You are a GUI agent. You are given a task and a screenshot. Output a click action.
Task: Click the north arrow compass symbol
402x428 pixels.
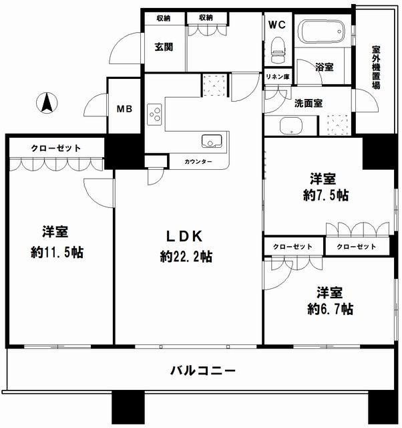(47, 103)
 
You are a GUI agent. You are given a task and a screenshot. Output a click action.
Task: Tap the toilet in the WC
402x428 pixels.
(278, 50)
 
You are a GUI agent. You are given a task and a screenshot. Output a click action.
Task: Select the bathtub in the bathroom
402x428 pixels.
(321, 31)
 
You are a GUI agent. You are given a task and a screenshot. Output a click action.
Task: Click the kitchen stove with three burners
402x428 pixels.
(154, 114)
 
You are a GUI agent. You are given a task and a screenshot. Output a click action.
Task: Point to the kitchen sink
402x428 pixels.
(212, 141)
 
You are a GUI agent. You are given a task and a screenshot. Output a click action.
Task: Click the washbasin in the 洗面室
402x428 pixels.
(290, 126)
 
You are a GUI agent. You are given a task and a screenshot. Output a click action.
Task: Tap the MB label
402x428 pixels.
(125, 109)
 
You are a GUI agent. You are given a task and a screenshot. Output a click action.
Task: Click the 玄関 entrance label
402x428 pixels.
(164, 47)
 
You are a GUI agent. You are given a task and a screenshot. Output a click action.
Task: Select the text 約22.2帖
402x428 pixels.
(186, 257)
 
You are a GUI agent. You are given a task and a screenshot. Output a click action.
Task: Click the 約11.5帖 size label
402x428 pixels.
(57, 252)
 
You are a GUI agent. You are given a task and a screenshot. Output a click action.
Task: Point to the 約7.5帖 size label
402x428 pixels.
(326, 195)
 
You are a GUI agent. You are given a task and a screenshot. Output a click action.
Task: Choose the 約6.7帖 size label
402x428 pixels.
(331, 309)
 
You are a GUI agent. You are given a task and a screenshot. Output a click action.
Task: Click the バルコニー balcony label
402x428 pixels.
(203, 370)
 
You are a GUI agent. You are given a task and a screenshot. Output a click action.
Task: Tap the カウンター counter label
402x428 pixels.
(198, 162)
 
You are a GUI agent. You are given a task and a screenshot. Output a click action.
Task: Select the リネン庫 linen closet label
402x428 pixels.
(278, 77)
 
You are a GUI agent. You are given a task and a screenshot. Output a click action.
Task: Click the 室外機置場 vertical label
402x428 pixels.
(376, 67)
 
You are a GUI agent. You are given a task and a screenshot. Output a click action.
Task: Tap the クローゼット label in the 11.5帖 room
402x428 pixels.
(56, 148)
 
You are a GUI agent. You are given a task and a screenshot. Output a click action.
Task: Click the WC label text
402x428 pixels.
(277, 25)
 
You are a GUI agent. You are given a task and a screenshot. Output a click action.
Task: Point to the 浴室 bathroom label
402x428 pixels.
(325, 67)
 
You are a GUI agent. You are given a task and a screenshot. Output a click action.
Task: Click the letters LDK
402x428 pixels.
(184, 236)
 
